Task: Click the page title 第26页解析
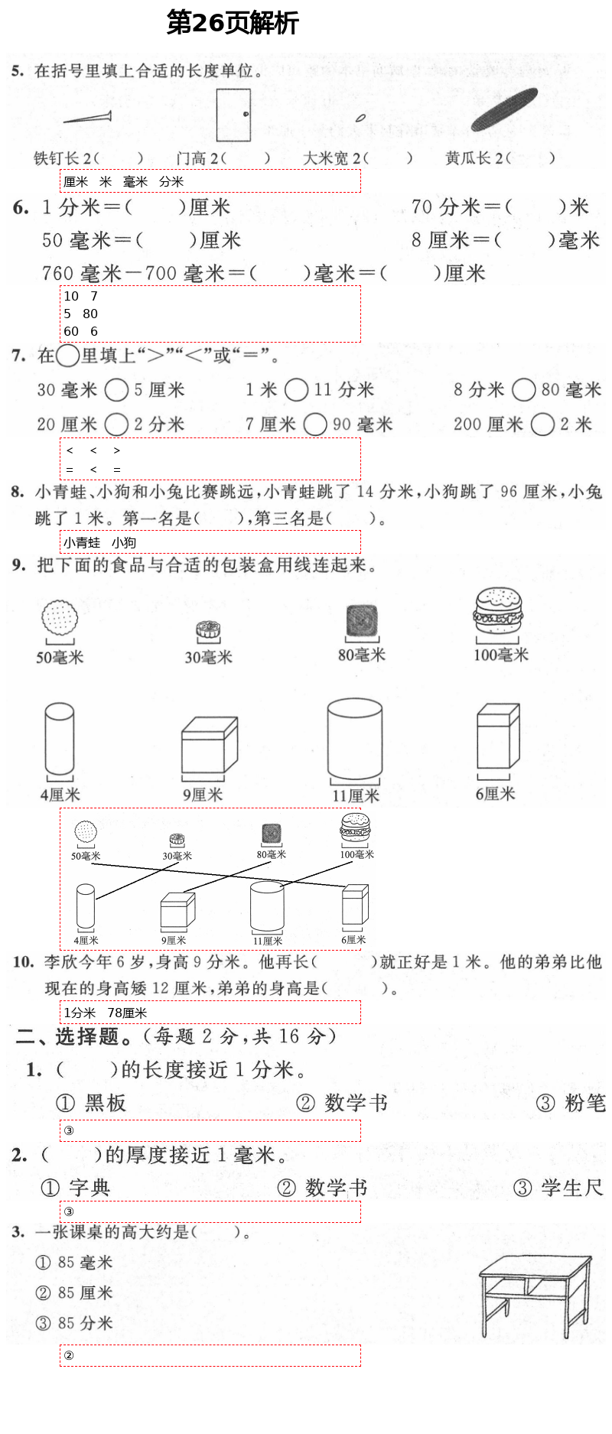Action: pyautogui.click(x=233, y=24)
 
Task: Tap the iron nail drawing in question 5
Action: pyautogui.click(x=87, y=118)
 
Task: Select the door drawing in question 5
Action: pyautogui.click(x=233, y=115)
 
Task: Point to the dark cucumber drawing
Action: pyautogui.click(x=504, y=109)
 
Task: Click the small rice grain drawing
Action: pyautogui.click(x=360, y=118)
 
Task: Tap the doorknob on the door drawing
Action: pyautogui.click(x=246, y=114)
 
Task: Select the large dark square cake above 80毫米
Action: pyautogui.click(x=362, y=620)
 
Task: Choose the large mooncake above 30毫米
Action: pyautogui.click(x=208, y=630)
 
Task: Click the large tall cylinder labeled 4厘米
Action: pyautogui.click(x=60, y=740)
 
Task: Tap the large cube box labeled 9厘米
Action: pyautogui.click(x=209, y=746)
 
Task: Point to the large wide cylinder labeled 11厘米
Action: pyautogui.click(x=354, y=740)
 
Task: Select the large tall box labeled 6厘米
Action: pyautogui.click(x=497, y=738)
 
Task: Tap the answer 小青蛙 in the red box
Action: pyautogui.click(x=82, y=542)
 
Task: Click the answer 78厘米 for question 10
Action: pyautogui.click(x=127, y=1013)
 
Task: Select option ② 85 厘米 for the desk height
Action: pyautogui.click(x=75, y=1293)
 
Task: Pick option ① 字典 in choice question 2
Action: pyautogui.click(x=75, y=1187)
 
